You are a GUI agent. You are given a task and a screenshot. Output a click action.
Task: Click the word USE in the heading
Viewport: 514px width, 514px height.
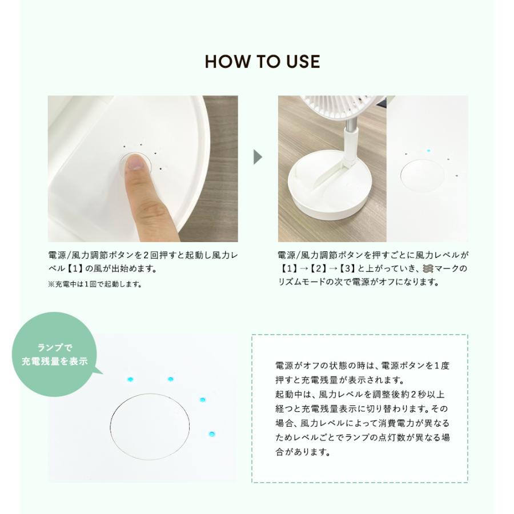tap(301, 62)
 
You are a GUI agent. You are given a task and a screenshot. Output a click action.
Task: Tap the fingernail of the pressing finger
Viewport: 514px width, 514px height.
tap(136, 163)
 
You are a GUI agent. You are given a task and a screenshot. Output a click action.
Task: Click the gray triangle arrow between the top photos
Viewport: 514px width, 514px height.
tap(258, 157)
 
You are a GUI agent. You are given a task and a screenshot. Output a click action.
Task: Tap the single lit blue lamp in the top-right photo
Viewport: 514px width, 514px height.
tap(428, 151)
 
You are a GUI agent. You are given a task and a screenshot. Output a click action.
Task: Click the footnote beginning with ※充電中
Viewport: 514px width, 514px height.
tap(95, 283)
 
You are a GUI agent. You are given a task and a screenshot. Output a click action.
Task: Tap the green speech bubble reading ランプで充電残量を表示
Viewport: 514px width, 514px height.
tap(54, 354)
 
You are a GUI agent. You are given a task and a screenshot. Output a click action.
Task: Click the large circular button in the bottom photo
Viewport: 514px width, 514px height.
tap(149, 425)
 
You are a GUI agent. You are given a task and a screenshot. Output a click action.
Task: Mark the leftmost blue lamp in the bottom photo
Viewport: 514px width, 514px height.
tap(129, 379)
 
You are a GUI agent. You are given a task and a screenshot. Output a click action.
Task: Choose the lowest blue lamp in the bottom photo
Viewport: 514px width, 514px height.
tap(211, 435)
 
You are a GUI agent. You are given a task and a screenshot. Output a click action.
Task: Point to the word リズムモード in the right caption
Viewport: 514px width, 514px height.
tap(304, 282)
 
